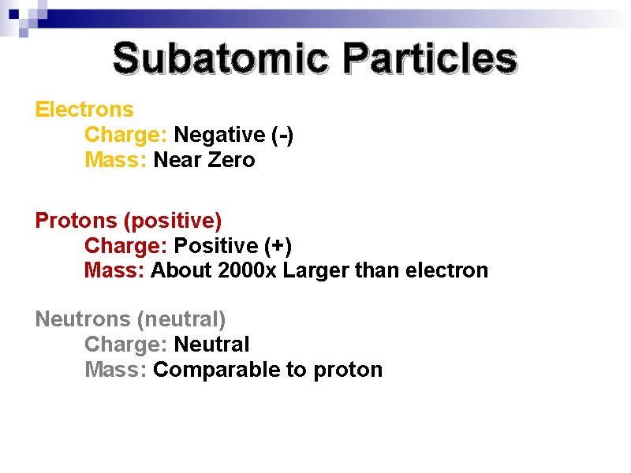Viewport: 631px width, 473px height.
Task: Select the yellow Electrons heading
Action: (x=84, y=110)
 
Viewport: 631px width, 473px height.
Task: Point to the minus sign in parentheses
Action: (x=282, y=135)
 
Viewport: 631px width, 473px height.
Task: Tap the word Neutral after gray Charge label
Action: (x=211, y=345)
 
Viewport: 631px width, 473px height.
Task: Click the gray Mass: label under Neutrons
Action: (x=115, y=370)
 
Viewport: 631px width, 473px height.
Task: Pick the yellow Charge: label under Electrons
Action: (x=126, y=135)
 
